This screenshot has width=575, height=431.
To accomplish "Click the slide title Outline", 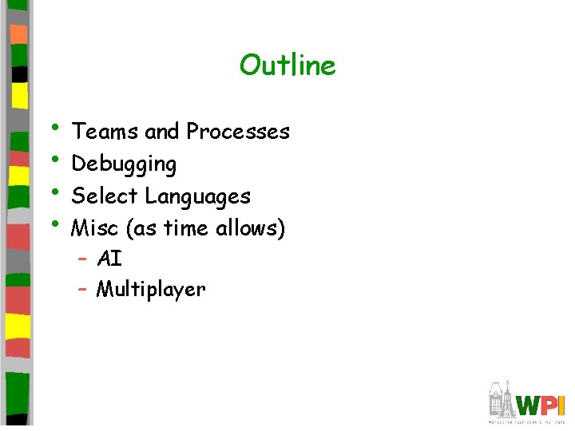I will pyautogui.click(x=287, y=65).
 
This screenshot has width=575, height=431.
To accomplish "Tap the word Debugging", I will pyautogui.click(x=124, y=164).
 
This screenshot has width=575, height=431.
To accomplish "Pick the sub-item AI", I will pyautogui.click(x=109, y=259).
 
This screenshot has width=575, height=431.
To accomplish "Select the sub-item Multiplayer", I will pyautogui.click(x=151, y=290).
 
